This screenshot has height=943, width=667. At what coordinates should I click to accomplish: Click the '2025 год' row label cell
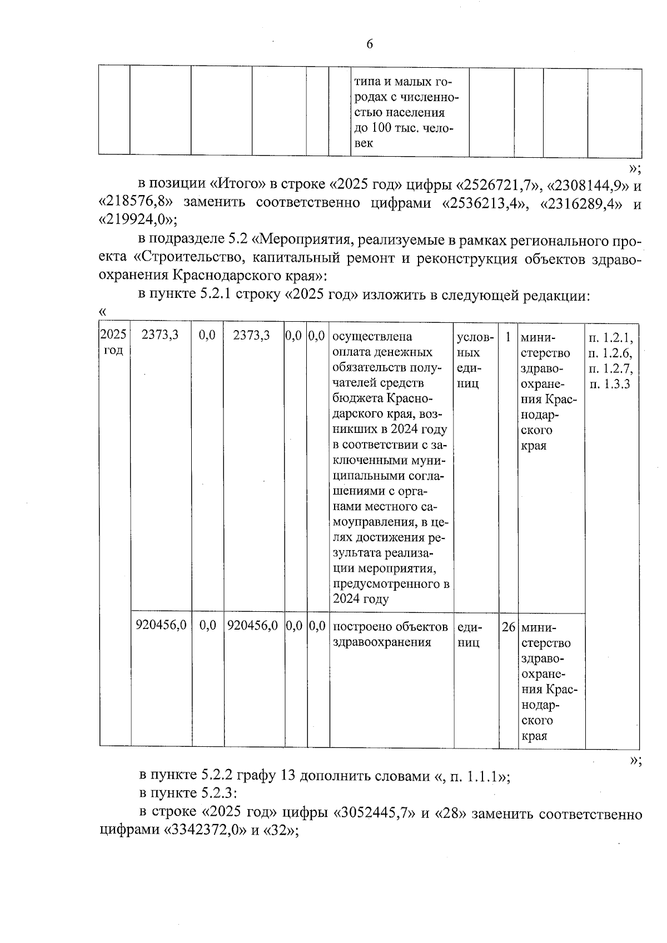pyautogui.click(x=114, y=343)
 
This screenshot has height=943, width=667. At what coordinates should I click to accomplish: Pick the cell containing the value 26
pyautogui.click(x=508, y=627)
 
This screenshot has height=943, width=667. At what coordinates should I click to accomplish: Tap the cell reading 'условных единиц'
pyautogui.click(x=474, y=360)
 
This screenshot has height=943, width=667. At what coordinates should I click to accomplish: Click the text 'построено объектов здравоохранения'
pyautogui.click(x=390, y=634)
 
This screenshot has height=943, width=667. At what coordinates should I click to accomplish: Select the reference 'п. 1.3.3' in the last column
pyautogui.click(x=610, y=384)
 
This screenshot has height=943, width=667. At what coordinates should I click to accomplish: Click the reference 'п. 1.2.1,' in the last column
pyautogui.click(x=611, y=337)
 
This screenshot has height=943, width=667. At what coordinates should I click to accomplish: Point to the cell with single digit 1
pyautogui.click(x=507, y=337)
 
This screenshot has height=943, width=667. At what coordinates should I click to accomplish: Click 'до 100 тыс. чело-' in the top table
pyautogui.click(x=404, y=128)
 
